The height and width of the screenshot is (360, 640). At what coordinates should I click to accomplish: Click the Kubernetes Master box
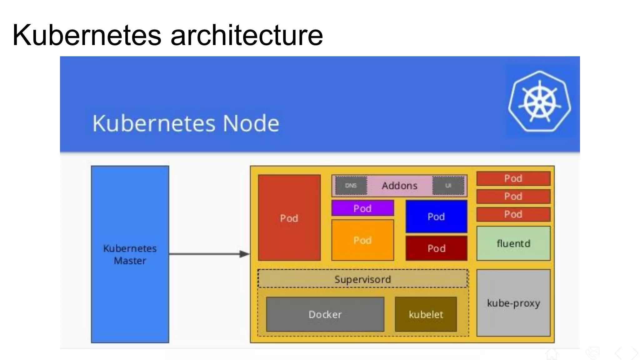(130, 254)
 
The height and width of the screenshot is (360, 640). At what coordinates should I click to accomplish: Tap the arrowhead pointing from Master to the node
(244, 254)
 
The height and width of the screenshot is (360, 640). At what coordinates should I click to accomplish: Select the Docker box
(325, 314)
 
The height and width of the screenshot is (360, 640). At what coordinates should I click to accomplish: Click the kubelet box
(426, 314)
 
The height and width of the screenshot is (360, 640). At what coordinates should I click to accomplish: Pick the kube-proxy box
(513, 303)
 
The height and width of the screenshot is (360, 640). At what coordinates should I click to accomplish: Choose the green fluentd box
(513, 243)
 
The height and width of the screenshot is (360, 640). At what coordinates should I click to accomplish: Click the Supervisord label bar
(362, 279)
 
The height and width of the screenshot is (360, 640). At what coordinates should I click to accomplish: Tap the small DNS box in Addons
(351, 186)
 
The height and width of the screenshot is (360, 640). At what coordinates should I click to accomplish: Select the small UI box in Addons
(448, 186)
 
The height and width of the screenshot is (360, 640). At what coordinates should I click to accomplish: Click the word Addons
(399, 186)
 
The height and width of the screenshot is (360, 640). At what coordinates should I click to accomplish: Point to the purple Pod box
(362, 208)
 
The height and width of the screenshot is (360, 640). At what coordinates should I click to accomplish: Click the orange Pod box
(362, 240)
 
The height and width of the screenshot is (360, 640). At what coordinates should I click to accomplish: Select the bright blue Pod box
(436, 216)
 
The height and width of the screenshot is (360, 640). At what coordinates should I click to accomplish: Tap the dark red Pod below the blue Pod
(436, 248)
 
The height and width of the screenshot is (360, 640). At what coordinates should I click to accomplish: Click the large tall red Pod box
(289, 218)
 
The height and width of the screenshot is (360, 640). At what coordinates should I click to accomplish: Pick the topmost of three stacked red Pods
(513, 178)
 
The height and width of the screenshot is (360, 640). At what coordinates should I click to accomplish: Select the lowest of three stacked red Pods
(513, 214)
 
